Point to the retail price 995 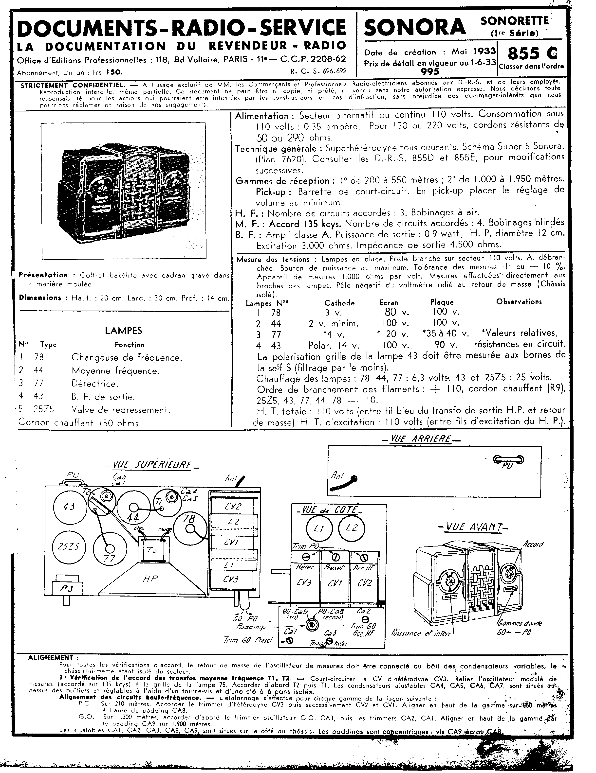tap(430, 71)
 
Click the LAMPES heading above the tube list tap(123, 331)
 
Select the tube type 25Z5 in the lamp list tap(44, 409)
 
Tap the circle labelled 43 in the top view tap(69, 507)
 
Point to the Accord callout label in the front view tap(533, 544)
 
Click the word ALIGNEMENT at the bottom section tap(51, 658)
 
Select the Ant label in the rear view tap(337, 476)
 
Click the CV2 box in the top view tap(233, 507)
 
